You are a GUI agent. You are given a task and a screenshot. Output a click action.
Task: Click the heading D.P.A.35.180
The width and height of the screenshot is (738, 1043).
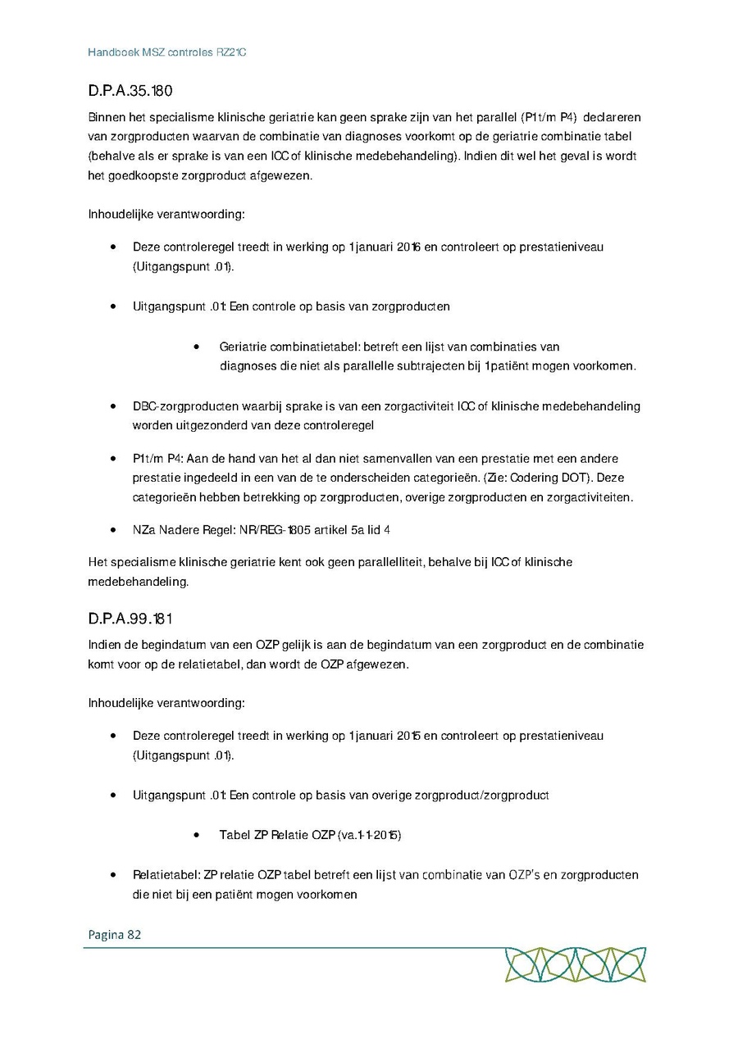(x=130, y=91)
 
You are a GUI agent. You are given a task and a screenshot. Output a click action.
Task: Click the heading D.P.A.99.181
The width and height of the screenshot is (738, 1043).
(x=130, y=616)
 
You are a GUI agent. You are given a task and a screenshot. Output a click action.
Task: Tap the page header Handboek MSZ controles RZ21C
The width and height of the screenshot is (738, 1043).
(x=167, y=52)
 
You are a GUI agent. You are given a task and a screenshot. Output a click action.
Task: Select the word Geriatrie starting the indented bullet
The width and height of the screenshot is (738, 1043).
(x=244, y=347)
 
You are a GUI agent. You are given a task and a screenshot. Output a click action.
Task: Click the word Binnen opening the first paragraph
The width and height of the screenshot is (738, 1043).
(x=107, y=116)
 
